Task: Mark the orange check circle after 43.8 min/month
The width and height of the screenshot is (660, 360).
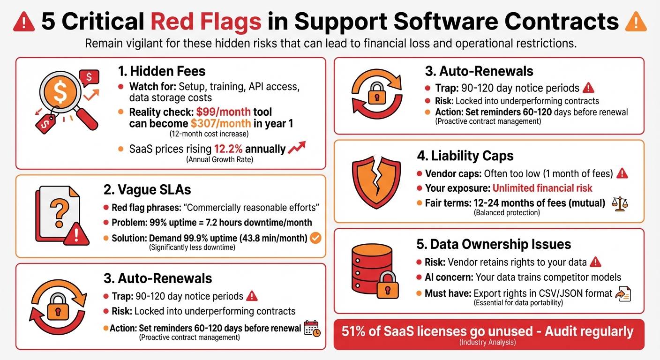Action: click(316, 238)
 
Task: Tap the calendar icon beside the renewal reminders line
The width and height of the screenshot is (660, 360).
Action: click(312, 329)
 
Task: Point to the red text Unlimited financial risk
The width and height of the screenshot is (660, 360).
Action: click(542, 188)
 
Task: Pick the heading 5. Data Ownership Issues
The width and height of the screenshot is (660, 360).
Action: click(494, 244)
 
